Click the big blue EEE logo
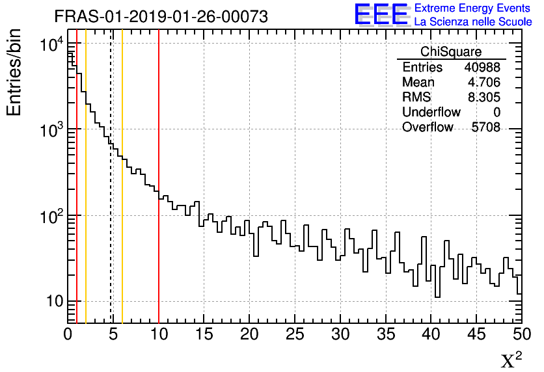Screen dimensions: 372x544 click(x=381, y=15)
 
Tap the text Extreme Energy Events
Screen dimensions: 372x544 click(x=473, y=8)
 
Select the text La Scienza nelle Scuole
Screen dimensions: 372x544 click(x=473, y=22)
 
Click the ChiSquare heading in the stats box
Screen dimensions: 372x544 click(x=451, y=52)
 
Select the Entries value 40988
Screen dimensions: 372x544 click(x=482, y=68)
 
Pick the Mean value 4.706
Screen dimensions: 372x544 click(x=485, y=83)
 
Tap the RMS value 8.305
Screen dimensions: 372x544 click(x=485, y=98)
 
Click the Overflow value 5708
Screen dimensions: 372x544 click(x=485, y=127)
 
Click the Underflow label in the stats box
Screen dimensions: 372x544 click(x=431, y=113)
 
